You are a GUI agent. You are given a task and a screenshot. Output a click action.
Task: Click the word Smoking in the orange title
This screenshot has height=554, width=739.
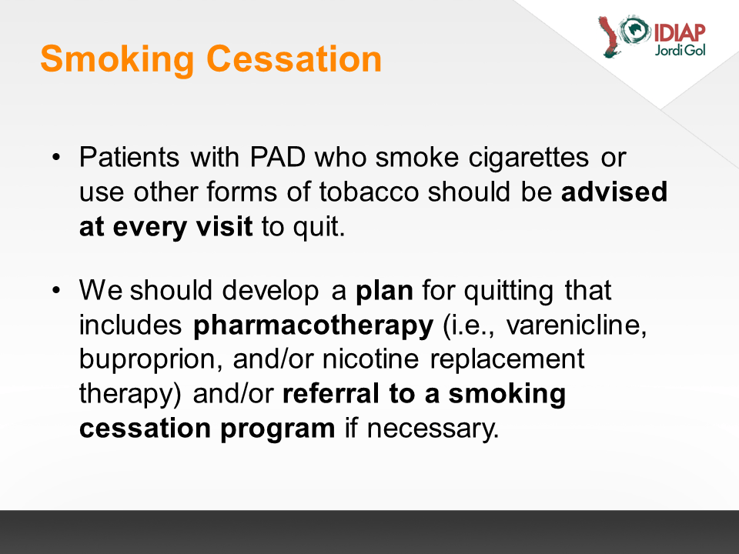[117, 59]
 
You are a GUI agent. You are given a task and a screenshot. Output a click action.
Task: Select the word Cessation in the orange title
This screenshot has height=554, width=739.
[294, 59]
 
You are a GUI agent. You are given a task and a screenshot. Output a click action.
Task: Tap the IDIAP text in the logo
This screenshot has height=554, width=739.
[680, 33]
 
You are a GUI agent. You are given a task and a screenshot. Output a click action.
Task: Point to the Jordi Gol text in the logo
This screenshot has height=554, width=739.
[680, 50]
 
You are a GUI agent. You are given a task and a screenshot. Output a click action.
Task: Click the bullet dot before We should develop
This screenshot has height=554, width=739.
[56, 290]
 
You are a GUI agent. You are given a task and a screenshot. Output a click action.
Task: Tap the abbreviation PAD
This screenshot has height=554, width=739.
[278, 157]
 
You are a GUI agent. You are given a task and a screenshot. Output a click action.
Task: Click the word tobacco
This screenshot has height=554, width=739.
[369, 192]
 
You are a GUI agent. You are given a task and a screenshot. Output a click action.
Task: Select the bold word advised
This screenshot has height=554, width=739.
[614, 192]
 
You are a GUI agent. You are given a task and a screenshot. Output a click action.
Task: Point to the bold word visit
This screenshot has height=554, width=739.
[224, 226]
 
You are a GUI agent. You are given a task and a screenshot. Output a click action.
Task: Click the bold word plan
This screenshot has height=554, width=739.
[384, 291]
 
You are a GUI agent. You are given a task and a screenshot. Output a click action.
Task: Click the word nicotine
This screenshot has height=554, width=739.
[370, 359]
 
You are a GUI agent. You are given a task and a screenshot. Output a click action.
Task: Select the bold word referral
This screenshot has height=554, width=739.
[331, 394]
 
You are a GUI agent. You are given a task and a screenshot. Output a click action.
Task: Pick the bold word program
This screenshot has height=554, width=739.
[278, 429]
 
